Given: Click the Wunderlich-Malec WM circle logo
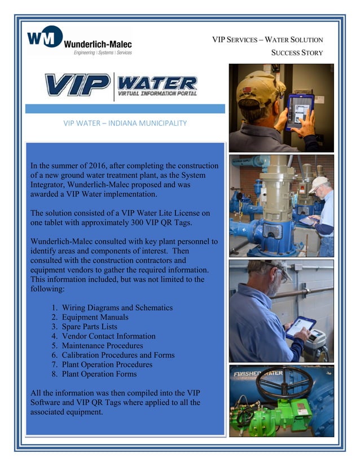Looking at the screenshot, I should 44,37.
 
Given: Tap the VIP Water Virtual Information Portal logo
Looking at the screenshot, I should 121,85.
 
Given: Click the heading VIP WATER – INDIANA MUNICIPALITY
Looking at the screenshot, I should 125,122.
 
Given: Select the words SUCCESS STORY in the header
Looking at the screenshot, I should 297,53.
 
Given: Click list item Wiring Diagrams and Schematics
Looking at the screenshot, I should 117,307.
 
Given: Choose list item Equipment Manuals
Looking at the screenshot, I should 95,317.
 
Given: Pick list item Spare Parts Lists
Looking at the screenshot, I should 90,327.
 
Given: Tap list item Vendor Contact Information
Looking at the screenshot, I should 108,336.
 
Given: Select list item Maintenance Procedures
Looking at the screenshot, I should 102,345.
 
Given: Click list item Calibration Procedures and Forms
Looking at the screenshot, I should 118,355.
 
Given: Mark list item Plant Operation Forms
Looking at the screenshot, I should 99,374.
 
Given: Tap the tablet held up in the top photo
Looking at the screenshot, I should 300,112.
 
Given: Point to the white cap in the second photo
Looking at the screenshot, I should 319,184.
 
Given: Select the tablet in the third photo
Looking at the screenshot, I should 300,328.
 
